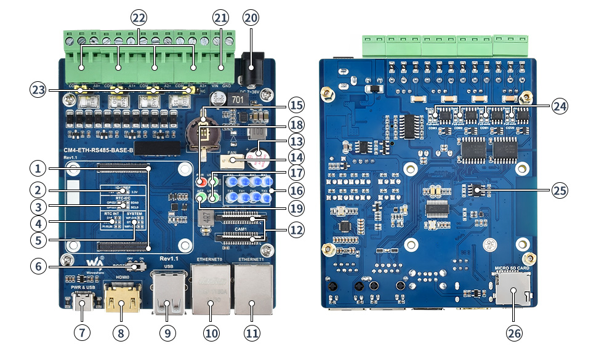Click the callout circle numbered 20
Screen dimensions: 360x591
251,18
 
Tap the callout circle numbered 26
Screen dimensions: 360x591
513,333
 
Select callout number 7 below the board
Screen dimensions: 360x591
82,333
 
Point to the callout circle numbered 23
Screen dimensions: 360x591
38,90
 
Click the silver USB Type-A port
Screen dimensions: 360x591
167,295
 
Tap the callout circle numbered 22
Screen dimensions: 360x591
139,18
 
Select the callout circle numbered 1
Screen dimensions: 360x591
38,168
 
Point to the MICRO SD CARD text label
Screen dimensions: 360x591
512,269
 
